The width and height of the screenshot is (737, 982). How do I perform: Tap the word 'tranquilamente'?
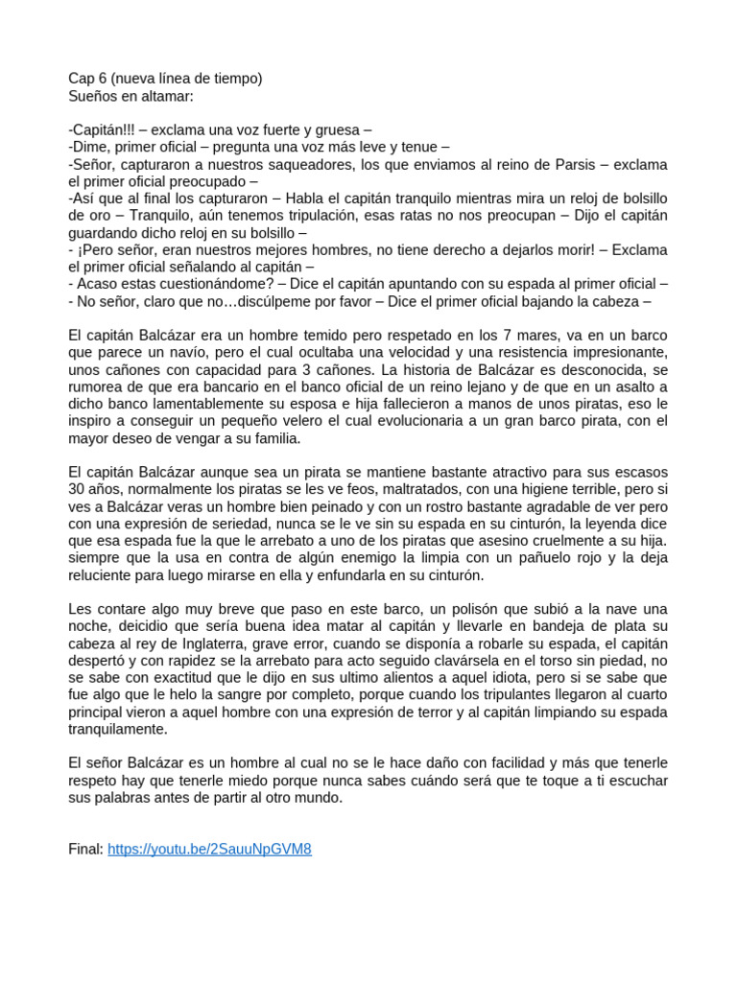[118, 729]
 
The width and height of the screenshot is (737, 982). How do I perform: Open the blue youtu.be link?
[209, 850]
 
